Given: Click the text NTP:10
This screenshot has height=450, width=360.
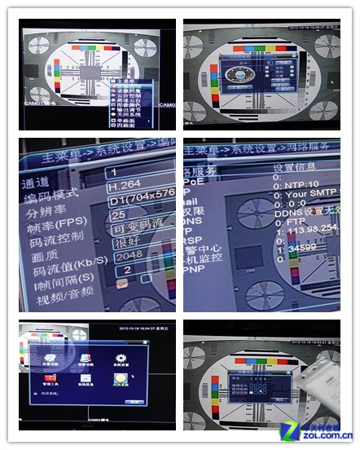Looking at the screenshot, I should pos(297,184).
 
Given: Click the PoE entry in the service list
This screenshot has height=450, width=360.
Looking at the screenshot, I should pos(195,183).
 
